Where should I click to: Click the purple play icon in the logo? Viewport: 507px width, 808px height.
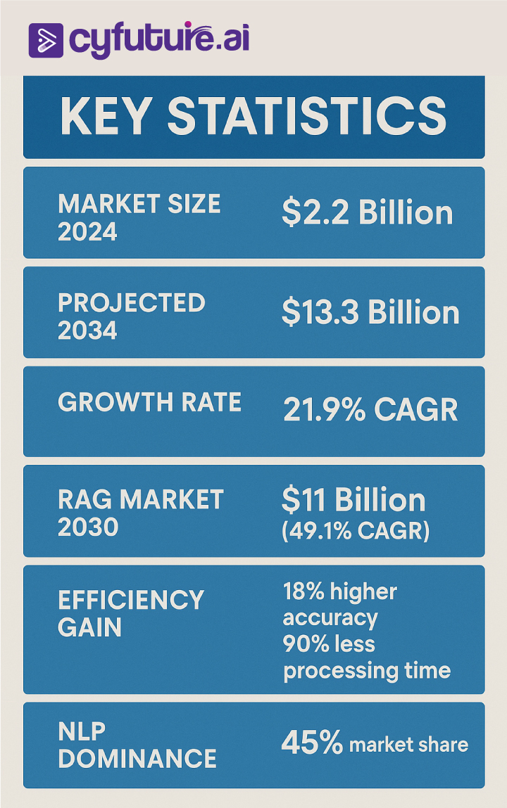click(x=46, y=40)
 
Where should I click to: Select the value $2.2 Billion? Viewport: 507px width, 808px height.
click(x=367, y=213)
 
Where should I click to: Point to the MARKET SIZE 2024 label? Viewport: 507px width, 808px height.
click(x=139, y=217)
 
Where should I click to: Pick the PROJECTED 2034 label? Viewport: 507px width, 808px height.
click(x=131, y=316)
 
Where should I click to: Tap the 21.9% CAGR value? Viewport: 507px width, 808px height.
click(x=370, y=410)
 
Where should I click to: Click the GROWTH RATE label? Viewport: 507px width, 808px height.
click(x=149, y=402)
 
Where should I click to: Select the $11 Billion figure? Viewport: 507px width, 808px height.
click(x=353, y=500)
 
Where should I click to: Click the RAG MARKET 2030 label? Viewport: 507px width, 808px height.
click(x=140, y=513)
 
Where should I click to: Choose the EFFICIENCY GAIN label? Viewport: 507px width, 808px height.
click(x=130, y=613)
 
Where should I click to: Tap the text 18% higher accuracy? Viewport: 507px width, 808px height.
click(x=339, y=605)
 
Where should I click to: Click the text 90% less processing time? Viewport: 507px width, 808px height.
click(x=366, y=657)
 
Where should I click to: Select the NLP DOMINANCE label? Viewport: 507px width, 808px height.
click(x=137, y=745)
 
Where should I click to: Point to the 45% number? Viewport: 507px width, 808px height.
click(x=312, y=743)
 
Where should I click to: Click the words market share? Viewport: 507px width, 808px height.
click(x=408, y=745)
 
